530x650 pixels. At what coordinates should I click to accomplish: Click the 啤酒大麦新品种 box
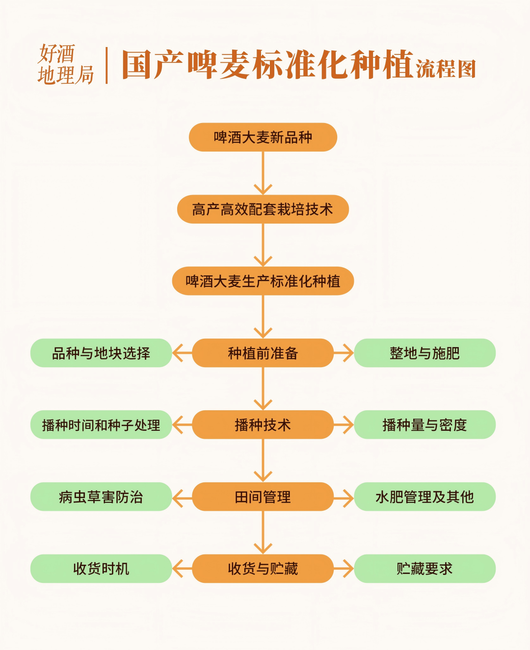[263, 137]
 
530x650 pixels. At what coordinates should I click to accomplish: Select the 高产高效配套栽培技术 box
[263, 209]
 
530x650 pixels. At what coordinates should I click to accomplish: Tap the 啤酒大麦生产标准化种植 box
[263, 281]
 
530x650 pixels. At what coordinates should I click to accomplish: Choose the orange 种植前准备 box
[263, 353]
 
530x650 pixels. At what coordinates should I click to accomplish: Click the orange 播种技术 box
[263, 425]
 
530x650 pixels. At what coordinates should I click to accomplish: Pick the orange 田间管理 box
[263, 497]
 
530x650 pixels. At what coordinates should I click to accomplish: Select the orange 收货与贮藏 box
[263, 569]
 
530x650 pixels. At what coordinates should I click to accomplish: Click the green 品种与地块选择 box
[101, 353]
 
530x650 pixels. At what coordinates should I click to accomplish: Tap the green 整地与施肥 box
[424, 353]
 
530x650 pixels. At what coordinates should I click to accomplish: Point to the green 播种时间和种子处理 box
[101, 425]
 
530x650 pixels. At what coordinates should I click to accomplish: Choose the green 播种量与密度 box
[424, 425]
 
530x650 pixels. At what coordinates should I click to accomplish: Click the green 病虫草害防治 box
[101, 497]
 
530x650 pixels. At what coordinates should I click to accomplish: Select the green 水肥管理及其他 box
[424, 497]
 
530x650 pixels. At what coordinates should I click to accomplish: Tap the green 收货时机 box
[101, 569]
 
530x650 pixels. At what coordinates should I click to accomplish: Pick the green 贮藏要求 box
[424, 569]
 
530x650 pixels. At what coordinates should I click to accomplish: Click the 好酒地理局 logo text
[65, 65]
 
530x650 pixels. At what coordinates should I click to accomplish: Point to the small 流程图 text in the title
[446, 69]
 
